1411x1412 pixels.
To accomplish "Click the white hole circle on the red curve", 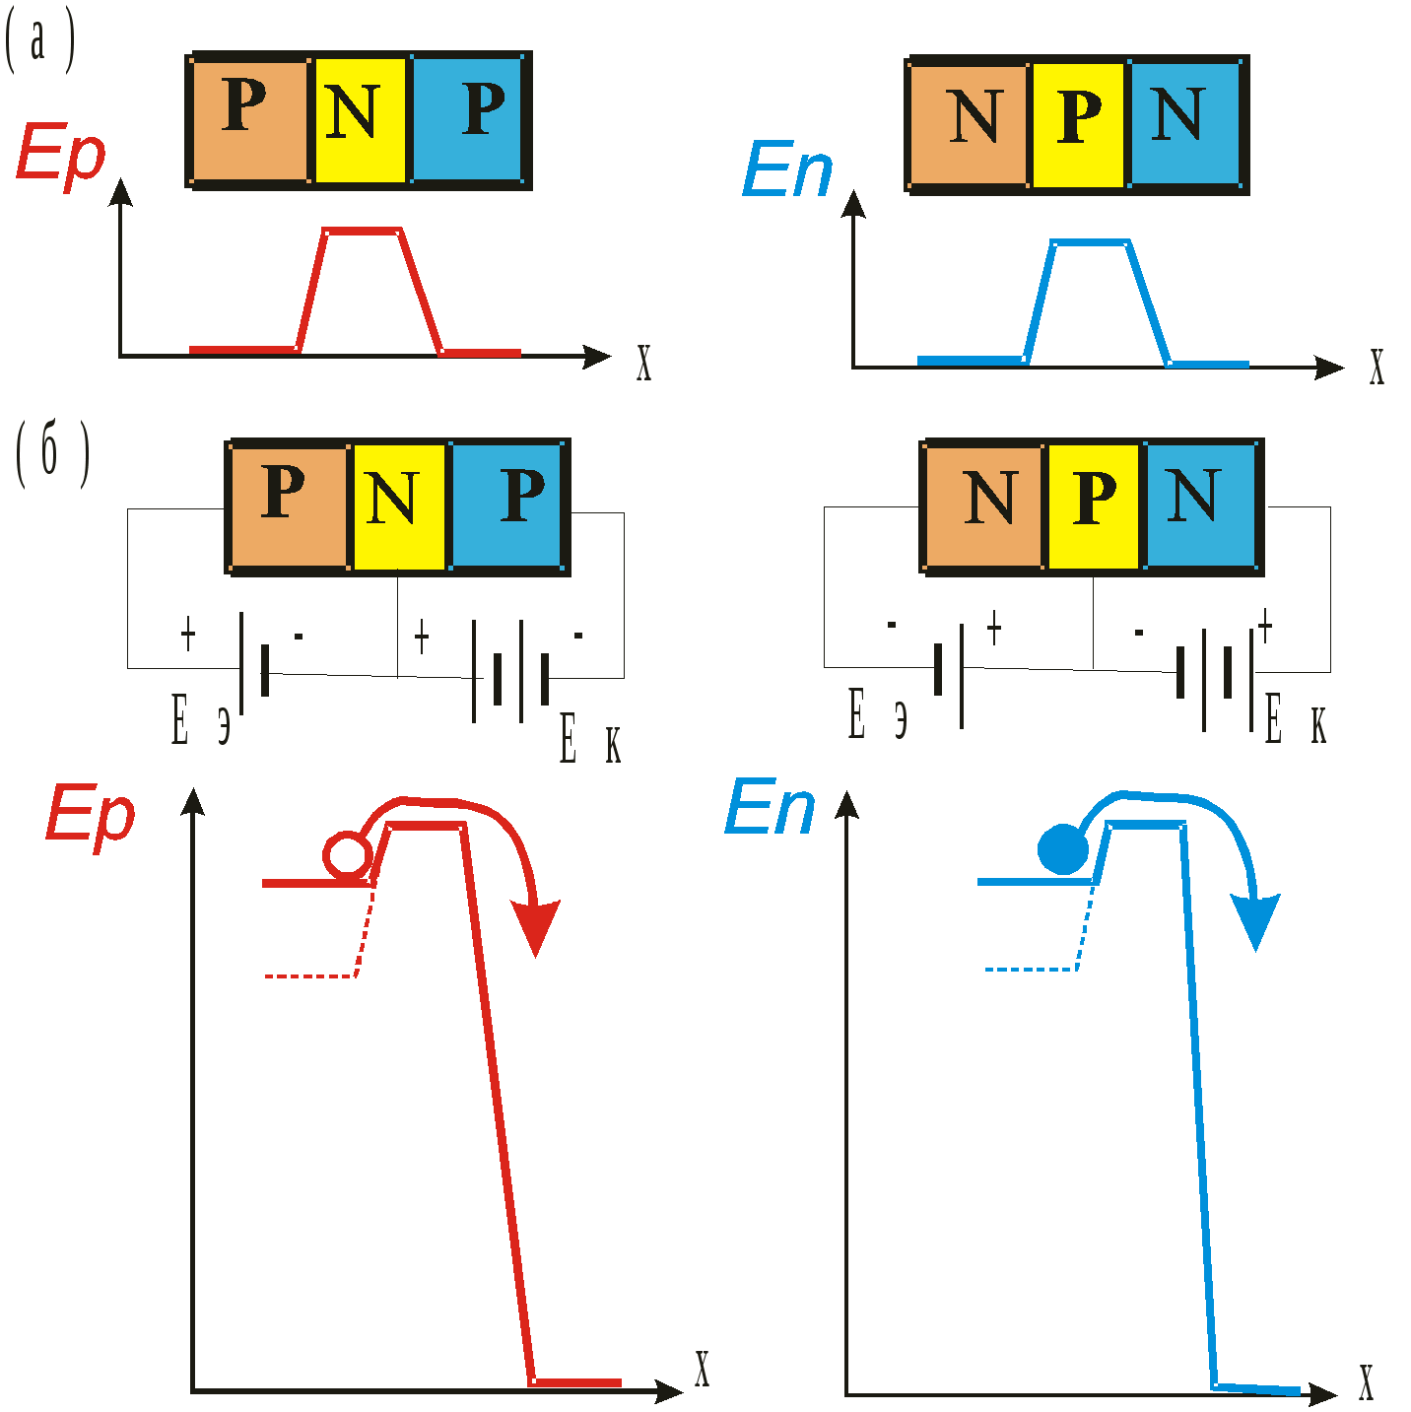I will pyautogui.click(x=348, y=854).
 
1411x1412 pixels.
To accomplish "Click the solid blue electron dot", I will pyautogui.click(x=1063, y=849).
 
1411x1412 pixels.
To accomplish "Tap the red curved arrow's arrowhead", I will pyautogui.click(x=535, y=927).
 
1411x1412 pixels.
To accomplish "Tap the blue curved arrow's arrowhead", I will pyautogui.click(x=1255, y=921).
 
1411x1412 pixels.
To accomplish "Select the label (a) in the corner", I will pyautogui.click(x=38, y=44).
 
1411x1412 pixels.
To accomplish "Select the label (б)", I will pyautogui.click(x=51, y=453).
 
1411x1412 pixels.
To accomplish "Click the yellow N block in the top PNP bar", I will pyautogui.click(x=360, y=120).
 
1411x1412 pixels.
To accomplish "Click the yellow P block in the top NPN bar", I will pyautogui.click(x=1079, y=124).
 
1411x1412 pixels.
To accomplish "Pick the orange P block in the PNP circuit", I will pyautogui.click(x=289, y=504).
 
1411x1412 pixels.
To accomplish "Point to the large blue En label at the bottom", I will pyautogui.click(x=770, y=808).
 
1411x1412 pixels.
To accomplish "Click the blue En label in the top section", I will pyautogui.click(x=787, y=168).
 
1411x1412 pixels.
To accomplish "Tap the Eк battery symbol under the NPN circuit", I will pyautogui.click(x=1215, y=673).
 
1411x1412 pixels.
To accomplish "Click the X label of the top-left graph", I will pyautogui.click(x=643, y=364).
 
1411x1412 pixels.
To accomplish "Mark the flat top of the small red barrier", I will pyautogui.click(x=362, y=232).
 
